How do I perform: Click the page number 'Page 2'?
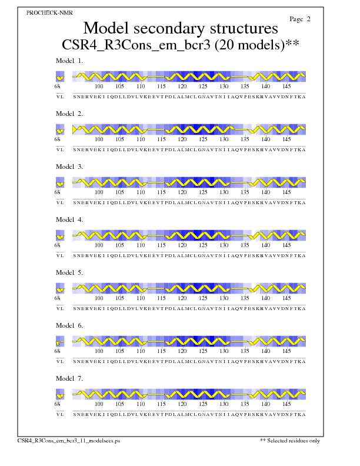(x=300, y=19)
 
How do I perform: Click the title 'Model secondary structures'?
(x=180, y=28)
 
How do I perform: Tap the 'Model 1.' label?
(x=69, y=61)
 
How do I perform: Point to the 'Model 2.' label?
(x=69, y=114)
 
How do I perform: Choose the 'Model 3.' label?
(x=69, y=167)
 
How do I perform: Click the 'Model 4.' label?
(x=69, y=219)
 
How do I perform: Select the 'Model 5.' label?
(x=69, y=272)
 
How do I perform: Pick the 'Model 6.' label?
(x=69, y=325)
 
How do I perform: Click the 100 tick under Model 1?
(x=99, y=86)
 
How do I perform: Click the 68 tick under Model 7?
(x=58, y=404)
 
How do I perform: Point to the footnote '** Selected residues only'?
(x=290, y=440)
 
